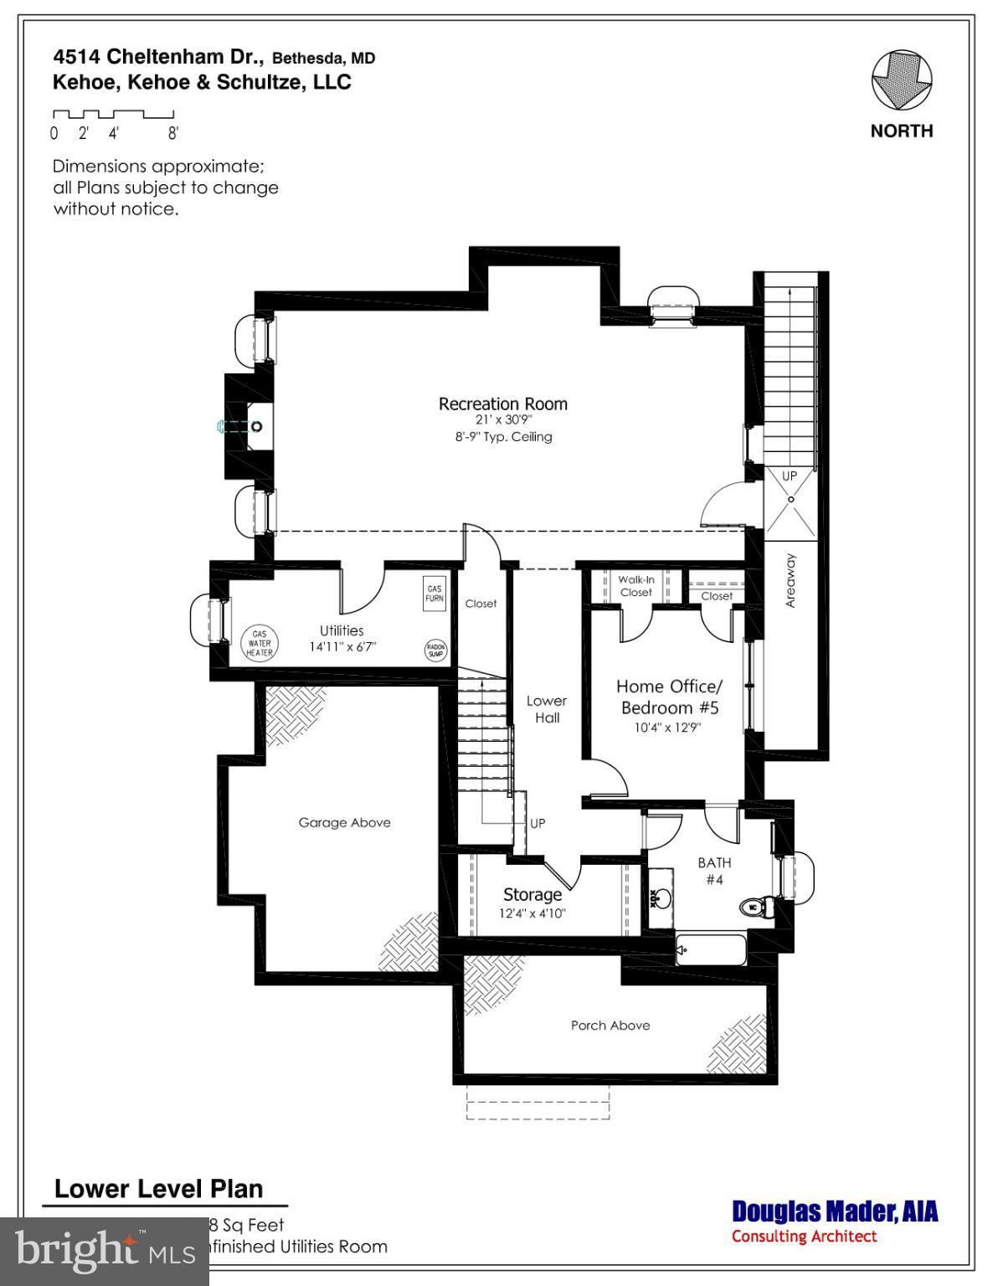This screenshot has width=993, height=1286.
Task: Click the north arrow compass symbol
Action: [x=901, y=80]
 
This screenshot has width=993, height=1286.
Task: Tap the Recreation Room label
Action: [x=502, y=404]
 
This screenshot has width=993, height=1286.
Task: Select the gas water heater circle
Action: [x=259, y=643]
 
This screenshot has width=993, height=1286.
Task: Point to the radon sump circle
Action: [x=435, y=651]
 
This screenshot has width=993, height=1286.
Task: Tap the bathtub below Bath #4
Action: [x=711, y=950]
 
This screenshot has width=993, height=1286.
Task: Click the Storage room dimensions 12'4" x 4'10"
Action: [x=533, y=913]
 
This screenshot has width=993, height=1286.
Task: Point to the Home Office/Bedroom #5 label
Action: [x=667, y=697]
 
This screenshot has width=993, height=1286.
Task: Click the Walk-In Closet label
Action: [x=635, y=585]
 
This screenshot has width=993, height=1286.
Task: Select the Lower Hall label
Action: [x=547, y=708]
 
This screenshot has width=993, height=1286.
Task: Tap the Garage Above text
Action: [x=344, y=822]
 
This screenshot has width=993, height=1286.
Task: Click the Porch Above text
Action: [x=610, y=1025]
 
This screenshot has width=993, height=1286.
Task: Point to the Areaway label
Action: [x=791, y=580]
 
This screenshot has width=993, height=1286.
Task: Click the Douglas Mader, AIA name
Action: [x=834, y=1211]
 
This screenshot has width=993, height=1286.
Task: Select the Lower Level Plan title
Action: [x=158, y=1189]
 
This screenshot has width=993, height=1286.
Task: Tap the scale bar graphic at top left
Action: [x=113, y=114]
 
